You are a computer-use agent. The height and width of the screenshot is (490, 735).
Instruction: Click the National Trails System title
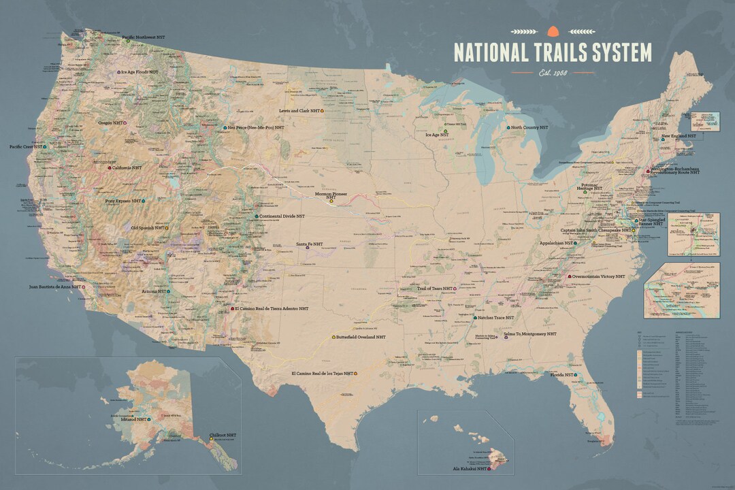tap(552, 52)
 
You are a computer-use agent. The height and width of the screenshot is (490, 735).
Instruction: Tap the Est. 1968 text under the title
tap(552, 72)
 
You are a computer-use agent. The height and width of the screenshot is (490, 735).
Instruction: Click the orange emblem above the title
tap(552, 30)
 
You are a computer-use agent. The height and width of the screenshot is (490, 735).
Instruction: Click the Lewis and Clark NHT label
tap(299, 110)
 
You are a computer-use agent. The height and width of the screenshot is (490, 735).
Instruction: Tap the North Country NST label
tap(529, 127)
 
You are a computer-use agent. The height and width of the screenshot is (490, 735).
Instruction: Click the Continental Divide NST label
tap(281, 216)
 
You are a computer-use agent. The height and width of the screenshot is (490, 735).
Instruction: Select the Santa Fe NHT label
tap(309, 244)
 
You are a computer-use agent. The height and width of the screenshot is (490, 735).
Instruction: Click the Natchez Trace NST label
tap(495, 318)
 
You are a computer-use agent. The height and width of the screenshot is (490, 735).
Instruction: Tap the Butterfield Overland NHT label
tap(360, 337)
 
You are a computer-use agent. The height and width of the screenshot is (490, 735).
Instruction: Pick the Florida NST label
tap(562, 374)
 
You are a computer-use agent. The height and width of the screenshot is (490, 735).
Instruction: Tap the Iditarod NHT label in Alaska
tap(134, 420)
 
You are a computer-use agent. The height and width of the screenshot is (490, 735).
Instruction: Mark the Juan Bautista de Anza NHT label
tap(56, 287)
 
